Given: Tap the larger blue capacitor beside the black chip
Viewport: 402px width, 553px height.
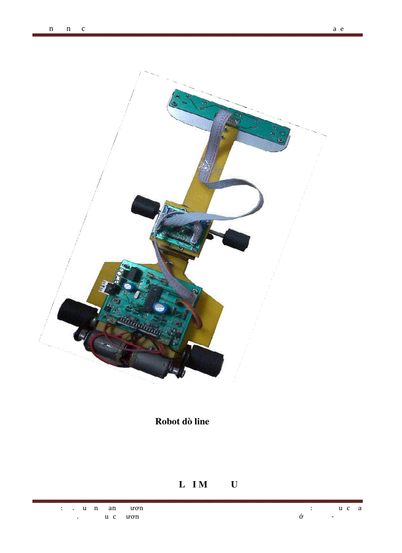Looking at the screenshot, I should [x=161, y=308].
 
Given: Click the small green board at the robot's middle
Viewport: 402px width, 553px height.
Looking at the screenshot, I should [x=179, y=228].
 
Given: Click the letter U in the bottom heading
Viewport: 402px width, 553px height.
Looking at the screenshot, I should [x=234, y=485].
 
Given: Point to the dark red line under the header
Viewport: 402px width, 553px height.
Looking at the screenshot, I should [x=198, y=35].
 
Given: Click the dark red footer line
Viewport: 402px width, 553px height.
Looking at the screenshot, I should [x=198, y=501].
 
